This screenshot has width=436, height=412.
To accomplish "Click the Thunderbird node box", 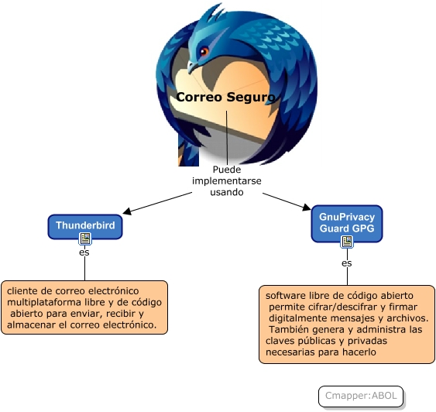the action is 85,227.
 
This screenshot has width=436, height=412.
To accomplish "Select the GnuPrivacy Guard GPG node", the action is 347,224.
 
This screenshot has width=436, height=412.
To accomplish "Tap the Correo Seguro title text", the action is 225,98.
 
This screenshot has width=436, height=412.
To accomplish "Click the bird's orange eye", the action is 204,51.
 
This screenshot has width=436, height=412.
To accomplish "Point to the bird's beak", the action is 192,67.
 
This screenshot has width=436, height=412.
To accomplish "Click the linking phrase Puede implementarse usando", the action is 227,180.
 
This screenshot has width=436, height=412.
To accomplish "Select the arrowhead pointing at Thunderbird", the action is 126,212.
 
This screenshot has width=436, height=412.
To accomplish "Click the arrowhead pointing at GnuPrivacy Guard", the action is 307,207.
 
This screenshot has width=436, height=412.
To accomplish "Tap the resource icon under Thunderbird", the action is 85,239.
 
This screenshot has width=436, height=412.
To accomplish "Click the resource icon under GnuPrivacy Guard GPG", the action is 347,242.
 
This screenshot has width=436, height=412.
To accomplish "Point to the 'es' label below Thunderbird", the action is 84,252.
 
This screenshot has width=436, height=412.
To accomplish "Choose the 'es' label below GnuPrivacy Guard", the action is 346,263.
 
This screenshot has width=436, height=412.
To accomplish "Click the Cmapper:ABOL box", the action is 361,397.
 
